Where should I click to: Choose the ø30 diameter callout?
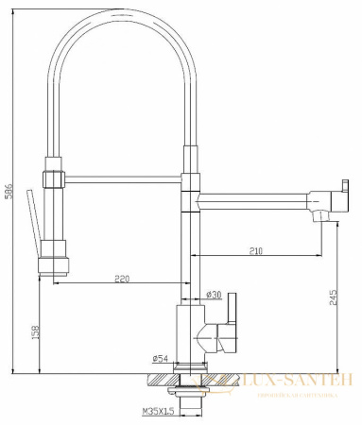point(215,296)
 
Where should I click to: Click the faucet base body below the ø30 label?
point(193,335)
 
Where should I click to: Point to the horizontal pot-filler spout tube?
point(255,197)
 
